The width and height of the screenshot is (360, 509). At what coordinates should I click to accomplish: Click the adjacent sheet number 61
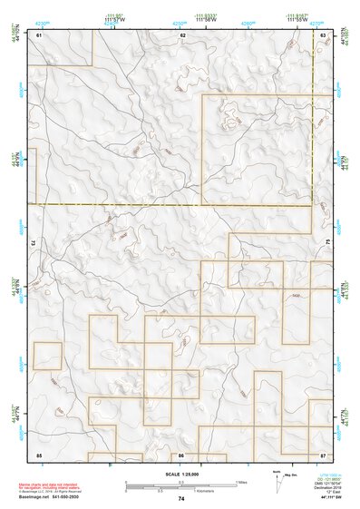coord(39,34)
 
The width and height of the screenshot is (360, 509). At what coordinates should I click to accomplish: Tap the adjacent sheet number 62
coord(183,34)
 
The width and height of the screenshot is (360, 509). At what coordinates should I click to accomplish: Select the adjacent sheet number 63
coord(324,34)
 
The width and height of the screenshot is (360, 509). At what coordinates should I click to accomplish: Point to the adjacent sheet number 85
coord(39,454)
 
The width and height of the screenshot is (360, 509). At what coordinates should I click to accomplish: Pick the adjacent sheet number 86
coord(181,454)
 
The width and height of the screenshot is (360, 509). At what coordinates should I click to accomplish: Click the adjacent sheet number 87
coord(324,454)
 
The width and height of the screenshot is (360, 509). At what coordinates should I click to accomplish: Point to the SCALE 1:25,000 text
coord(180,475)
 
